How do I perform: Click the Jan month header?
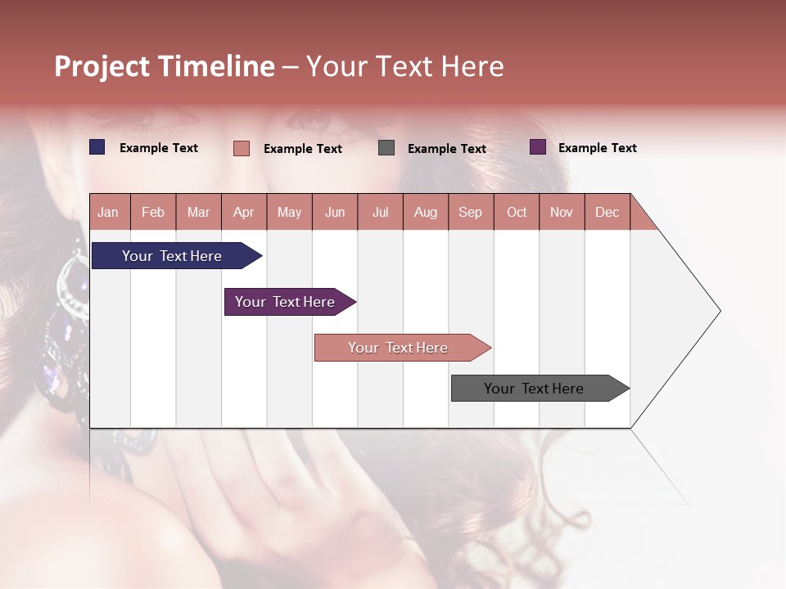coord(108,212)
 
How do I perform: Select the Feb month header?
coord(153,212)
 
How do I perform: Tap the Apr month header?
coord(243,212)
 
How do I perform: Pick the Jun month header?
coord(335,212)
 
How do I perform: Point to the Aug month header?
coord(425,212)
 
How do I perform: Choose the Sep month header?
coord(470,212)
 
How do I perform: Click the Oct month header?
coord(517,212)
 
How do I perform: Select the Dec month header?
coord(607,212)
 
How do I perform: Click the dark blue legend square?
coord(97,147)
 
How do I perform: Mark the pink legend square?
coord(242,148)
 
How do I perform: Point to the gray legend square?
coord(386,147)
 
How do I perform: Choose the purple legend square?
coord(538,147)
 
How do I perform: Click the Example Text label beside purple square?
coord(597,148)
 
